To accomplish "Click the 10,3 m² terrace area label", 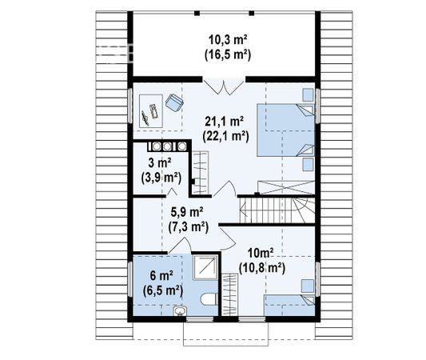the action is coord(228,40).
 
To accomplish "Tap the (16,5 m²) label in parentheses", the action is coord(228,54).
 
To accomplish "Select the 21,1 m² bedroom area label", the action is coord(224,122).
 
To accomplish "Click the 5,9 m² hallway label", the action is coord(187,212).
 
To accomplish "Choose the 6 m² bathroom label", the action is coord(162,276).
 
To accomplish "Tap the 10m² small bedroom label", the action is coord(261,254).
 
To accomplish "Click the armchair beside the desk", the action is coord(174,102).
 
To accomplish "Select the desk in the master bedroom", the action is coord(151,110).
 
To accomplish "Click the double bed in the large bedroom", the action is coord(285,130).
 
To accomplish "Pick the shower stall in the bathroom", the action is coord(205,267).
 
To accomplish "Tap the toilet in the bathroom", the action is coord(209,299).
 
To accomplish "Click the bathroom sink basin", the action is coord(180,311).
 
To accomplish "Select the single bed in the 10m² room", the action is coord(289,306).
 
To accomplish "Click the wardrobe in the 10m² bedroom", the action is coord(230,294).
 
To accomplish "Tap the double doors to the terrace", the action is coord(224,87).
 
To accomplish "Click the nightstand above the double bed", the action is coord(308,95).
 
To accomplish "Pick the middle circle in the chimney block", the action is coord(166,146).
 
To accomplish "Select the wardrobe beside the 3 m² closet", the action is coord(200,173).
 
